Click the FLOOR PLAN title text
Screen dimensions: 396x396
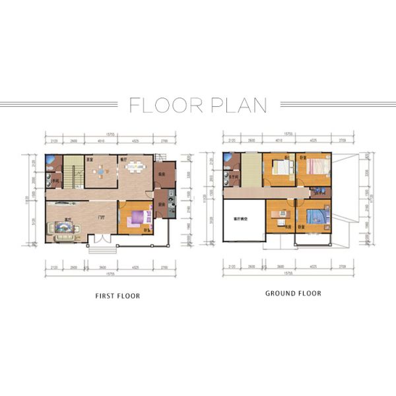[198, 105]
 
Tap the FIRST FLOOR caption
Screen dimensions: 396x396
[118, 296]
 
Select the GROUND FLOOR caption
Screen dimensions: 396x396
[293, 293]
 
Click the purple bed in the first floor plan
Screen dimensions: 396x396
[137, 218]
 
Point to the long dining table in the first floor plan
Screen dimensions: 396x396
[137, 168]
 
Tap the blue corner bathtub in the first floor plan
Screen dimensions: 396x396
[51, 160]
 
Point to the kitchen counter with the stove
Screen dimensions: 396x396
[170, 201]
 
